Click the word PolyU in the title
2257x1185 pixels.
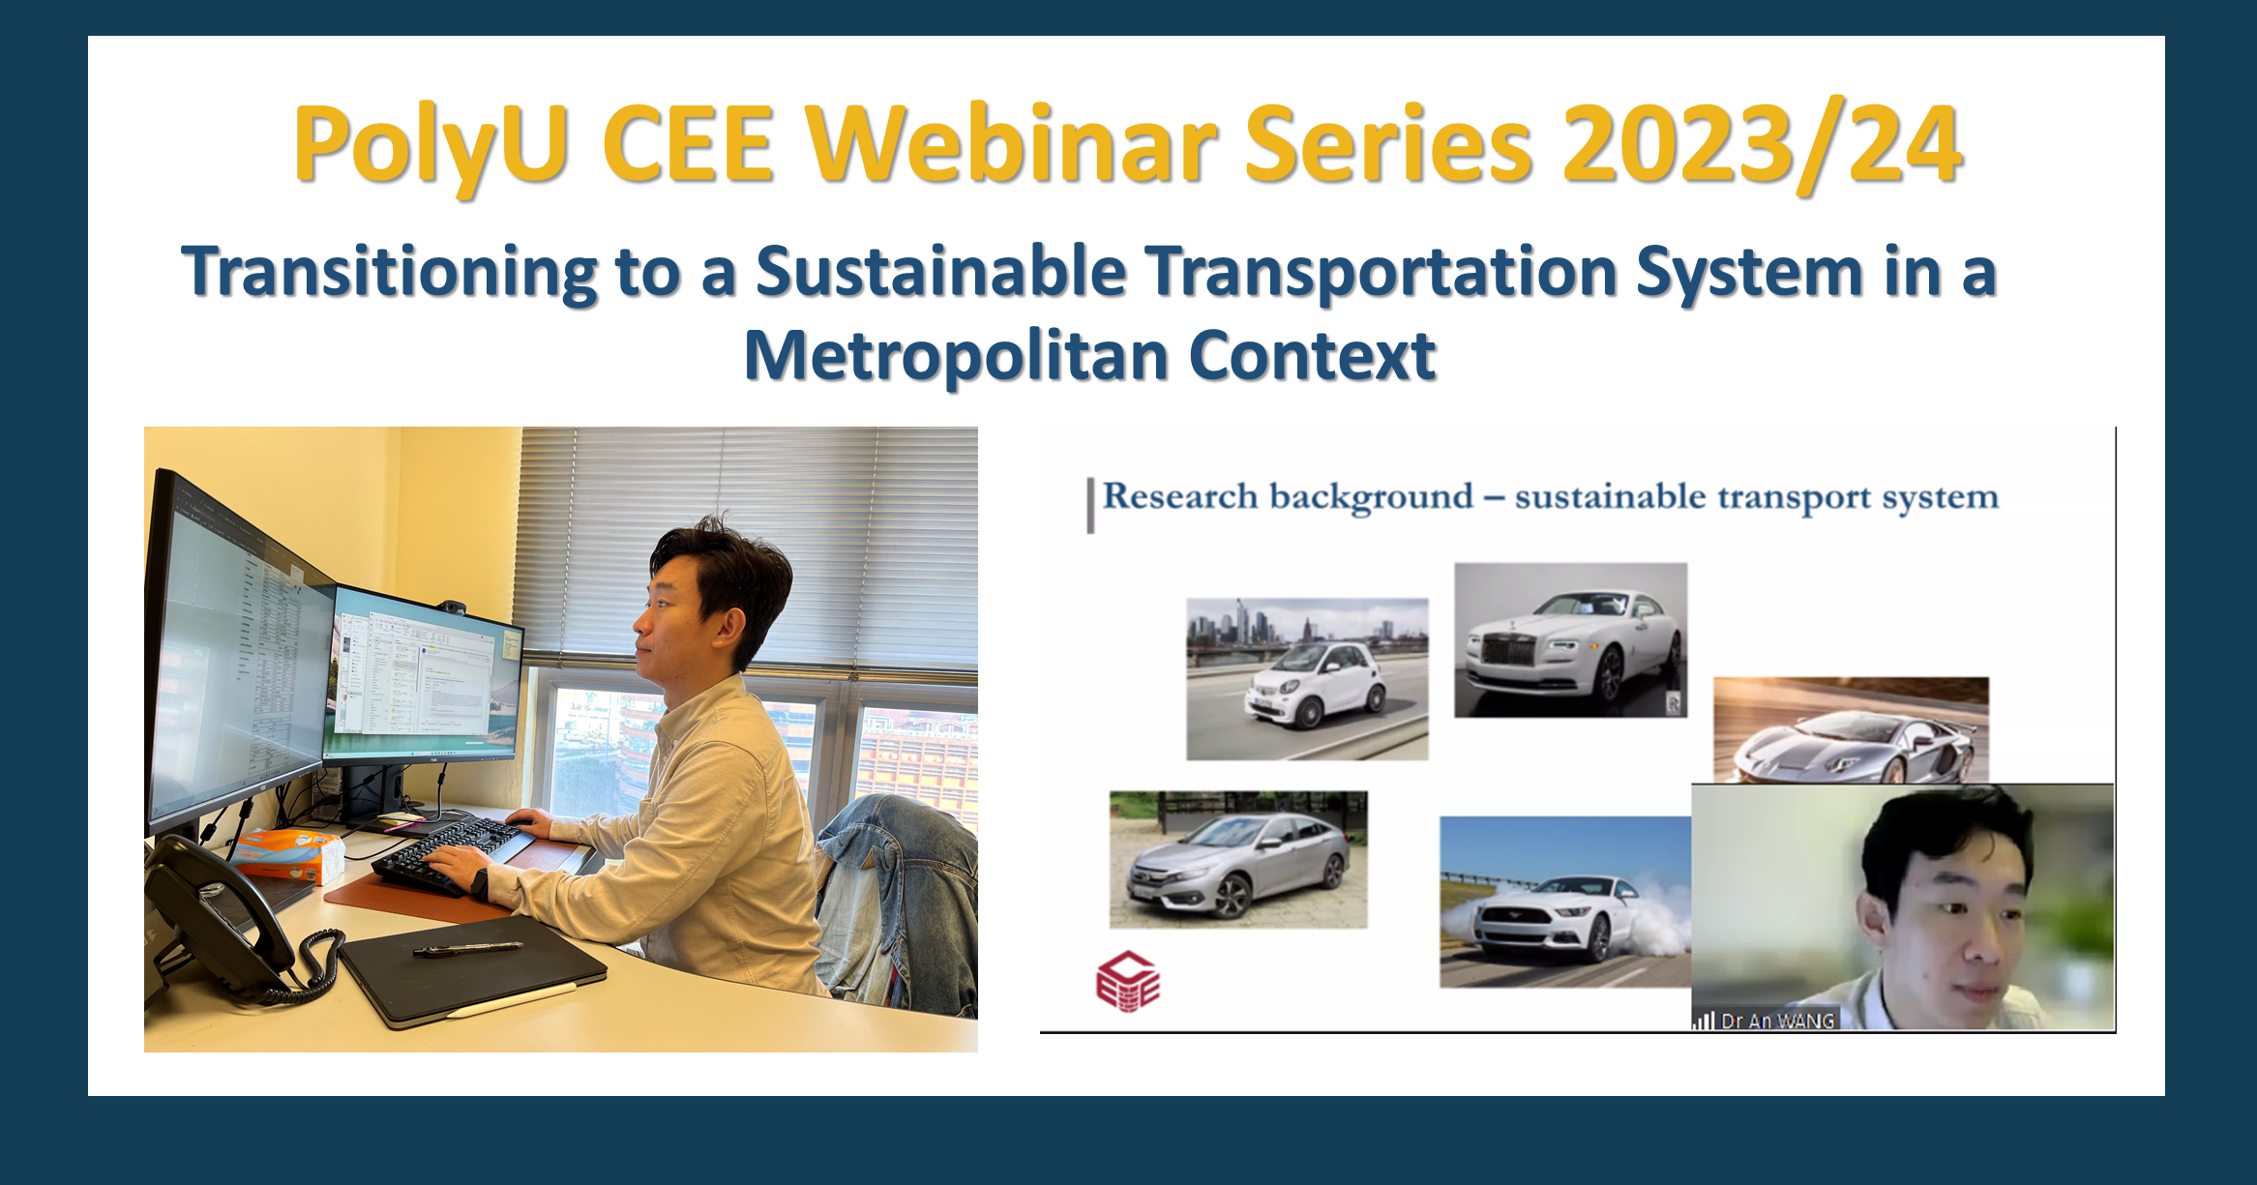pyautogui.click(x=430, y=145)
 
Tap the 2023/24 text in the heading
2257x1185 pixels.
pyautogui.click(x=1761, y=145)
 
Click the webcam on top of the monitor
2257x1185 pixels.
pyautogui.click(x=451, y=607)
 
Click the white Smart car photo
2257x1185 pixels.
pyautogui.click(x=1307, y=678)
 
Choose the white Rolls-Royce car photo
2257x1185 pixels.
pyautogui.click(x=1570, y=639)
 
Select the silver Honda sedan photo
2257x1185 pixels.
pyautogui.click(x=1238, y=859)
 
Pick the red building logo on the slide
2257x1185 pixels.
pyautogui.click(x=1127, y=982)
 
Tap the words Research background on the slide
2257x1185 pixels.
pyautogui.click(x=1287, y=497)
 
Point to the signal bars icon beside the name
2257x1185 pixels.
pyautogui.click(x=1704, y=1021)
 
